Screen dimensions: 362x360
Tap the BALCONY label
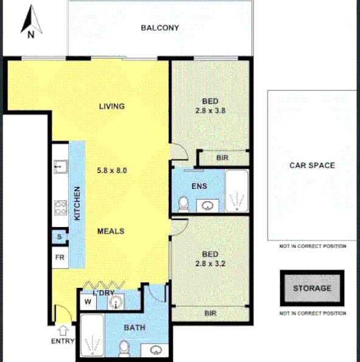click(x=159, y=27)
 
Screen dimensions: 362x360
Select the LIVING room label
click(x=112, y=106)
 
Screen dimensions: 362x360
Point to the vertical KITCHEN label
click(x=77, y=203)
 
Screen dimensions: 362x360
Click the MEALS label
click(x=111, y=231)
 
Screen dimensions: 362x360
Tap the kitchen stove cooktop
click(x=60, y=208)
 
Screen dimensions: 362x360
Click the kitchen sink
click(x=59, y=166)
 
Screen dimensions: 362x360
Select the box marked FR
click(x=60, y=257)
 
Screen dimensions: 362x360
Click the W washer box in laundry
click(x=88, y=301)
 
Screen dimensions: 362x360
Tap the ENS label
click(x=199, y=186)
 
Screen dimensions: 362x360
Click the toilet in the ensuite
click(x=182, y=202)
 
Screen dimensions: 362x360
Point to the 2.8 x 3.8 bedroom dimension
click(x=210, y=111)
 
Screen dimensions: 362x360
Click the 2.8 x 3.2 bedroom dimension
click(x=210, y=263)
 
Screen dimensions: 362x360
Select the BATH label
click(x=134, y=329)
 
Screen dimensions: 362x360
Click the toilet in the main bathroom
click(x=124, y=348)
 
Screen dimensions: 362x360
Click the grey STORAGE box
click(x=312, y=289)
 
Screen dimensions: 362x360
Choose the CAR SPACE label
click(x=312, y=165)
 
